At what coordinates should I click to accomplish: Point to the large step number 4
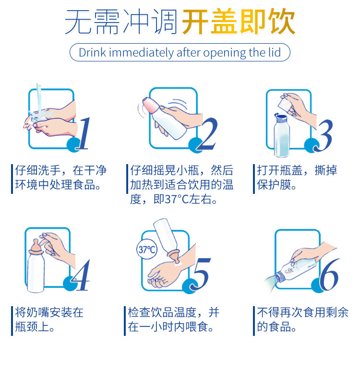[81, 275]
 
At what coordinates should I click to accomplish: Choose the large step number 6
[330, 274]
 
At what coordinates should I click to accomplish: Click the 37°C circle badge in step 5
[147, 249]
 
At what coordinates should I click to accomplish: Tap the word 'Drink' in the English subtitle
[92, 52]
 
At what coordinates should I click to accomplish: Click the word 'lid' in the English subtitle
[275, 52]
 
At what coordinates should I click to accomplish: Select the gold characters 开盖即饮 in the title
[239, 22]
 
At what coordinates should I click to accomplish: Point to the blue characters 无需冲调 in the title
[121, 22]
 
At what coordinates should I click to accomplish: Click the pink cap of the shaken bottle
[151, 105]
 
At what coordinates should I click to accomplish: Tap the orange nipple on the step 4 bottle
[36, 247]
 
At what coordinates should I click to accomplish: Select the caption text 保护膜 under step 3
[274, 185]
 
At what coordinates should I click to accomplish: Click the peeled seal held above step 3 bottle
[286, 104]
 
